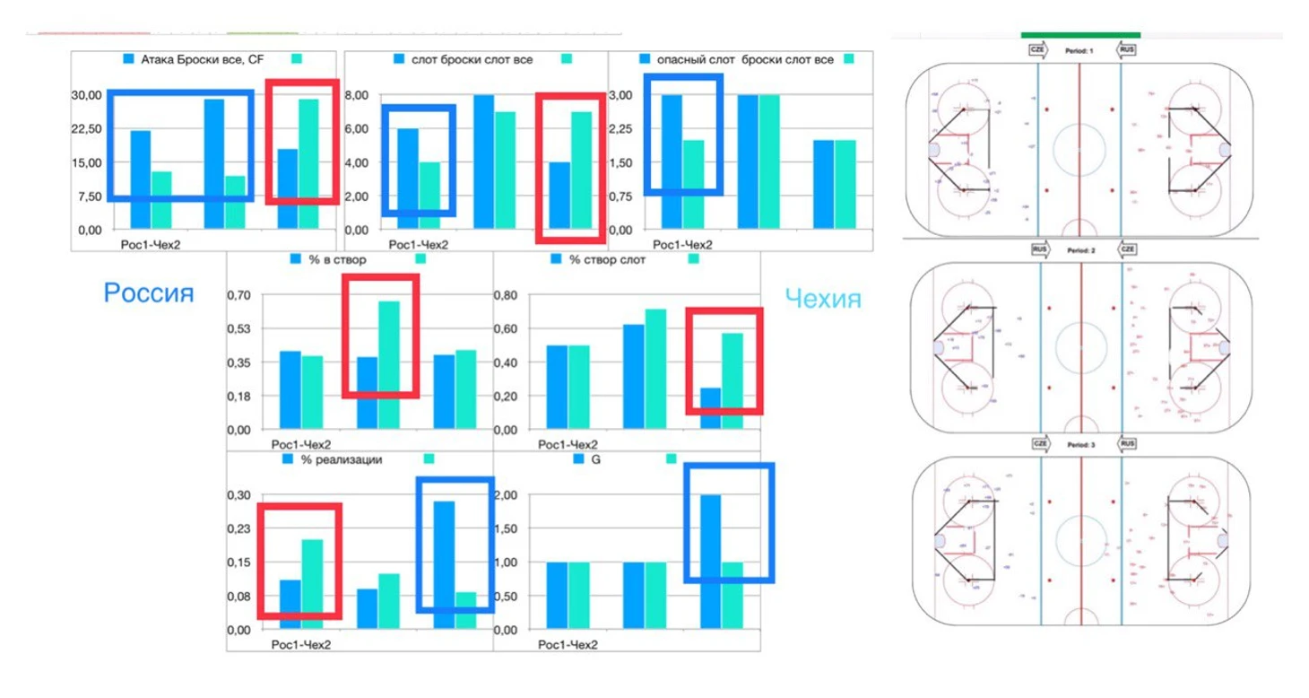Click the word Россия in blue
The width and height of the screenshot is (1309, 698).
[x=148, y=293]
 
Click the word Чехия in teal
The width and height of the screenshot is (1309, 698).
[x=822, y=299]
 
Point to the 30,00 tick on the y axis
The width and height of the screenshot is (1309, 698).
[x=86, y=95]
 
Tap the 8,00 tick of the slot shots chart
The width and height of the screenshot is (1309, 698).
[x=357, y=95]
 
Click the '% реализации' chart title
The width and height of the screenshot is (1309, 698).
[x=343, y=459]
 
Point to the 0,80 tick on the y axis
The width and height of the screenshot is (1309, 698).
[x=507, y=295]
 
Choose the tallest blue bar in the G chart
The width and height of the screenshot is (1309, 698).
[x=710, y=562]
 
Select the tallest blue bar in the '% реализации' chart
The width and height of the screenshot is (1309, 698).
[x=444, y=565]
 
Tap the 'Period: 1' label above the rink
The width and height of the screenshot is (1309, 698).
[x=1078, y=50]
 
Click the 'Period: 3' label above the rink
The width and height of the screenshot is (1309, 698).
[x=1079, y=444]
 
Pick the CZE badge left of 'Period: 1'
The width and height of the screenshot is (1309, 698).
[x=1037, y=50]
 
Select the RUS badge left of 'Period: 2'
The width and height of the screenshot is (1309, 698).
[x=1040, y=249]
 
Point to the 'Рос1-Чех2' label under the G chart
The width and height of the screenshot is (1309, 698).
[x=568, y=645]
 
